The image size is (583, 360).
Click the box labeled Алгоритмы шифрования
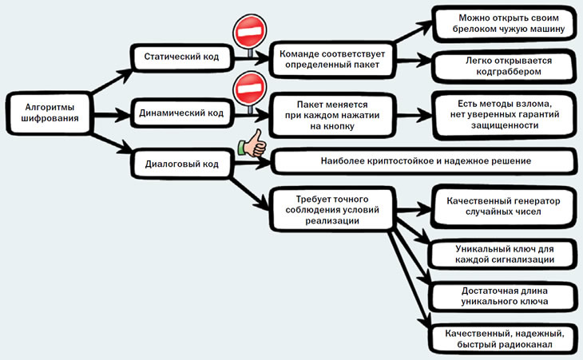49,113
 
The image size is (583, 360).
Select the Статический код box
182,57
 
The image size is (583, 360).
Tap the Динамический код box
182,113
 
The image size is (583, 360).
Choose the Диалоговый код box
182,164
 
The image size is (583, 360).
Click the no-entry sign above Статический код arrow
250,32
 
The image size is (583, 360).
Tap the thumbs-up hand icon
253,144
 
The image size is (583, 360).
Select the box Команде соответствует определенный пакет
331,59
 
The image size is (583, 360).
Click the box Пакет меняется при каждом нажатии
332,115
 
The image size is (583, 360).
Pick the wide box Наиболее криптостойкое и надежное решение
424,161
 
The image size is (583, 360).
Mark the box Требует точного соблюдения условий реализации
331,210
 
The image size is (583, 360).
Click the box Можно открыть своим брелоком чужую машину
506,24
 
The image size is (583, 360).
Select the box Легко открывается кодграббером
506,66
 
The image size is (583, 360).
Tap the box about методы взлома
505,114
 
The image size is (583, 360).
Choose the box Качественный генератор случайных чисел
503,207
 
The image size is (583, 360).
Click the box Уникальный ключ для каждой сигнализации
503,254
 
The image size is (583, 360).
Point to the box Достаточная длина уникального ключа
503,296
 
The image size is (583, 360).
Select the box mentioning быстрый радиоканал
503,338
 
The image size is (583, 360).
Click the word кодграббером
509,72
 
